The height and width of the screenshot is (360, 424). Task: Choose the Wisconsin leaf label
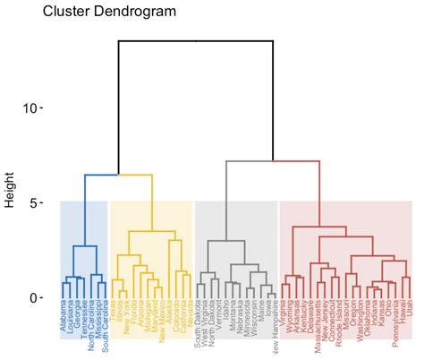(x=254, y=321)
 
